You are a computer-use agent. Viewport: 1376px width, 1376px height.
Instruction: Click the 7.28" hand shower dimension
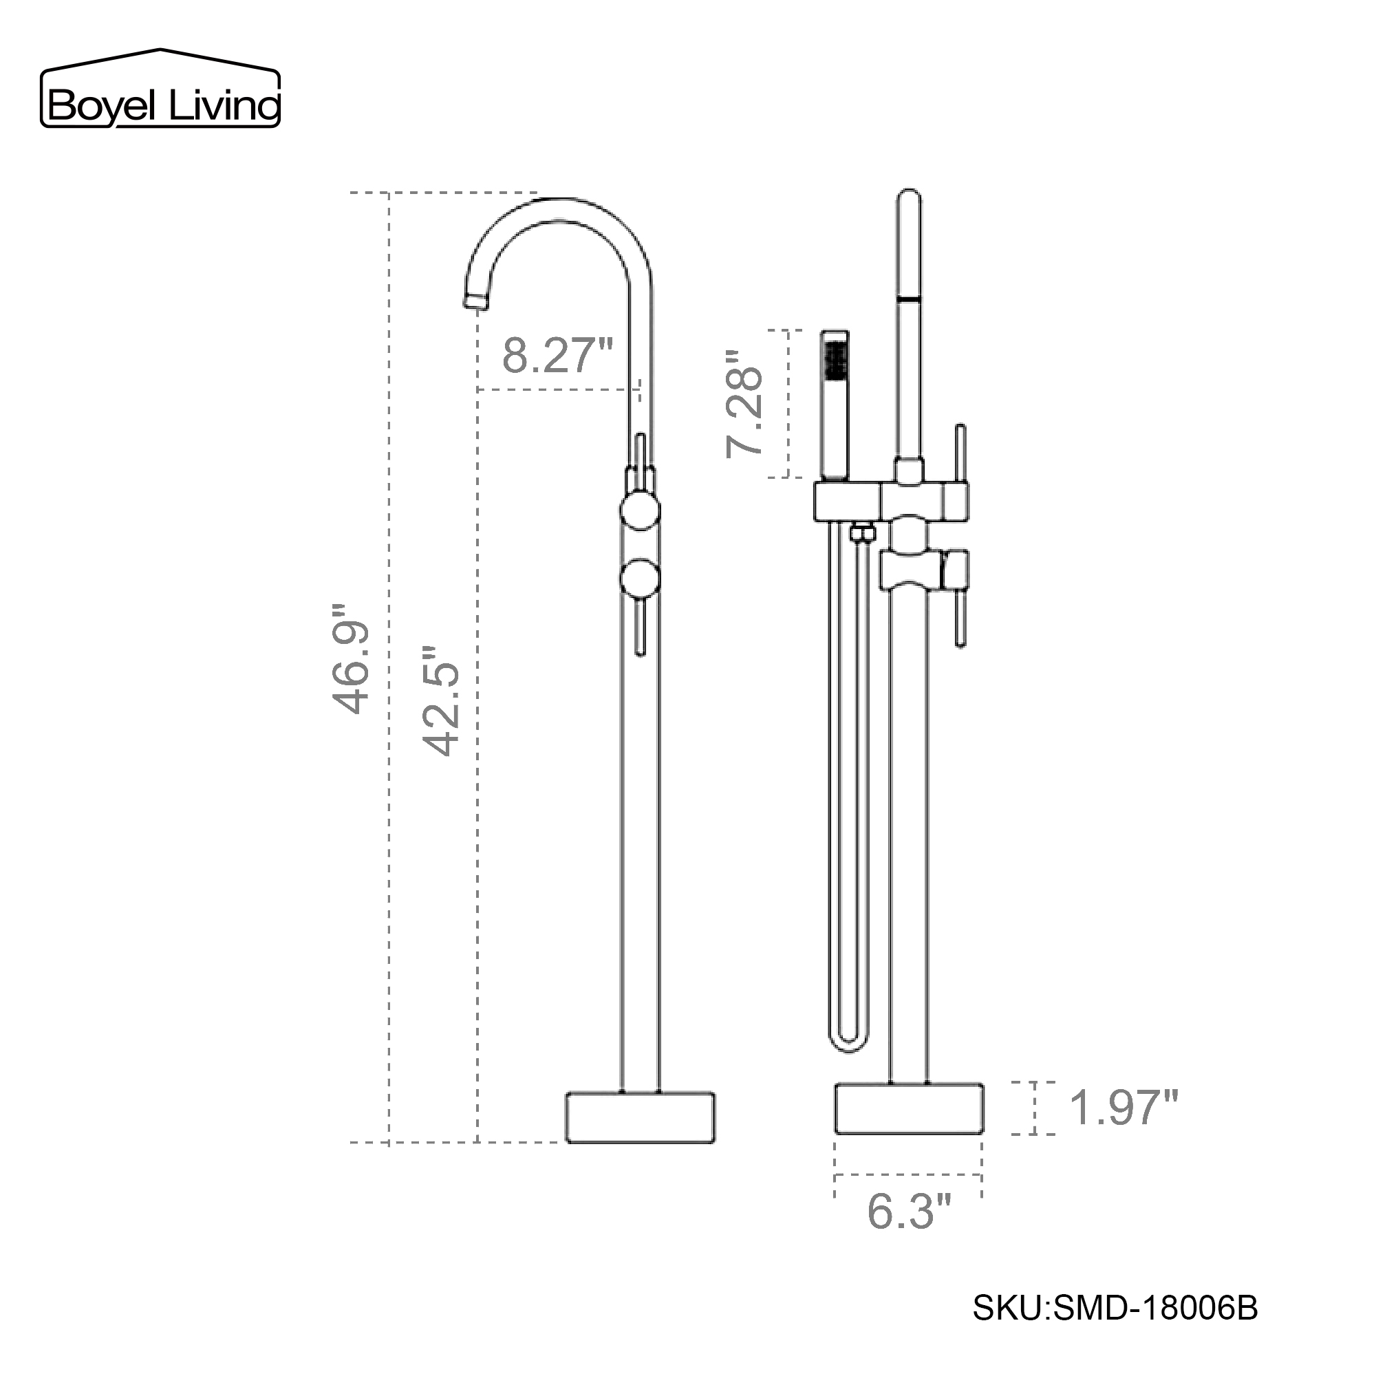click(745, 404)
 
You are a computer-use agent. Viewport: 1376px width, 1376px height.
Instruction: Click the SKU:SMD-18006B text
click(1115, 1309)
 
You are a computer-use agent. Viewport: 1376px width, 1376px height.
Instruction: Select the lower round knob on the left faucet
click(640, 578)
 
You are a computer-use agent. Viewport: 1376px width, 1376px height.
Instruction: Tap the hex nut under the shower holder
click(862, 532)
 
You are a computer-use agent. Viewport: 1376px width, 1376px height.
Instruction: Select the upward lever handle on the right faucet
click(960, 452)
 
